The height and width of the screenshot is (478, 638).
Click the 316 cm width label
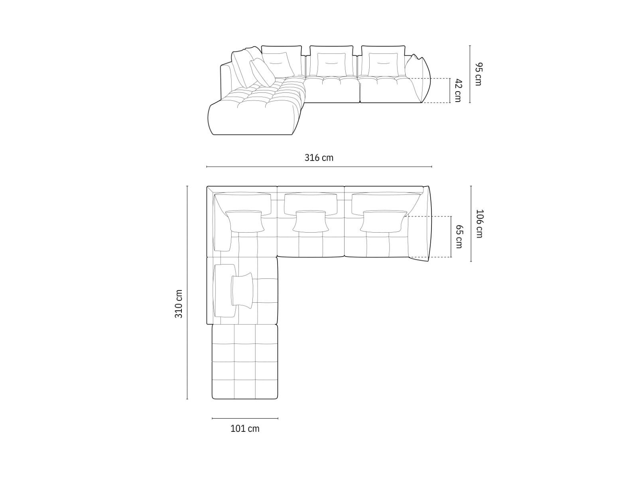coord(319,158)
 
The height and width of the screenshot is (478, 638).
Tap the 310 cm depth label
coord(179,304)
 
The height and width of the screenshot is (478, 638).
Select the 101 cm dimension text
coord(245,429)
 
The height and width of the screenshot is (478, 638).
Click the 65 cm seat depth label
coord(459,237)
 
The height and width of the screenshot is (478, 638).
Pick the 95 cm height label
coord(478,74)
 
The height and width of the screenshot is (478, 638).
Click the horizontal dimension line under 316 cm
coord(319,167)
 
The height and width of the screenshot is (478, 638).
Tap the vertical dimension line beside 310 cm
coord(187,292)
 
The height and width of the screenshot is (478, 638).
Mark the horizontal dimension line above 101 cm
coord(245,419)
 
